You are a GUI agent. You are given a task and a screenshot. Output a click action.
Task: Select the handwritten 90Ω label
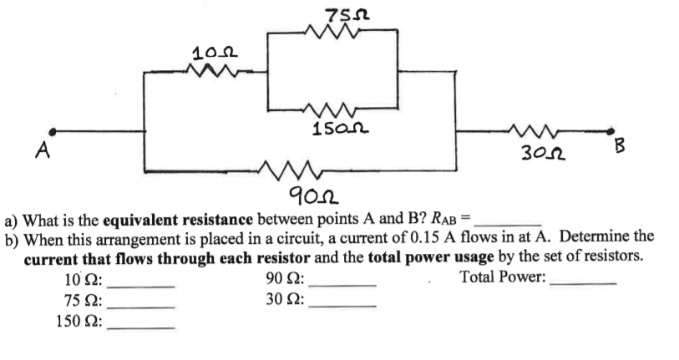point(307,196)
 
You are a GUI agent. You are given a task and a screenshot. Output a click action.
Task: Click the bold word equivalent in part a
point(143,221)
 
